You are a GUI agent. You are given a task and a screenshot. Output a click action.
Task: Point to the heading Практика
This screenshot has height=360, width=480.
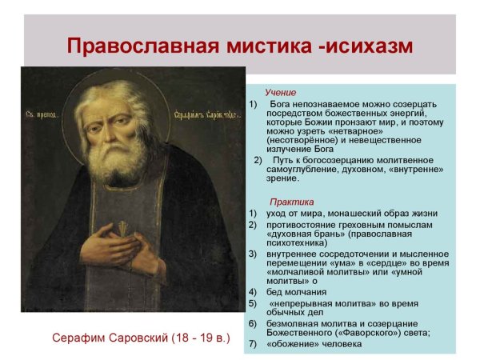[x=291, y=202]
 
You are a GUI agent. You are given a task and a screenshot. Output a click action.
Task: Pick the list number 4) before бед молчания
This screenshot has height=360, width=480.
[x=252, y=291]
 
